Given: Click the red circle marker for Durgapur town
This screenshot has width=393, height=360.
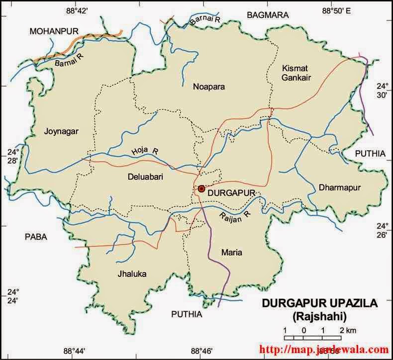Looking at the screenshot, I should click(201, 189).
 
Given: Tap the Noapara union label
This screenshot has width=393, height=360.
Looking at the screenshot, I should click(209, 87).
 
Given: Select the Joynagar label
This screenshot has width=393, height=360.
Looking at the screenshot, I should click(62, 131).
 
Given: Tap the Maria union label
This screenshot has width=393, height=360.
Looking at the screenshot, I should click(232, 253).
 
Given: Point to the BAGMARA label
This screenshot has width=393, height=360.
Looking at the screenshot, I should click(268, 15).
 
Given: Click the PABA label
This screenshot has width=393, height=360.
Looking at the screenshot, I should click(36, 237).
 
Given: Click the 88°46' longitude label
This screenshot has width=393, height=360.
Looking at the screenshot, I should click(202, 352).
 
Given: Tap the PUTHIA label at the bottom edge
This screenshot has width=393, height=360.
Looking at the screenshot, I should click(187, 314).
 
